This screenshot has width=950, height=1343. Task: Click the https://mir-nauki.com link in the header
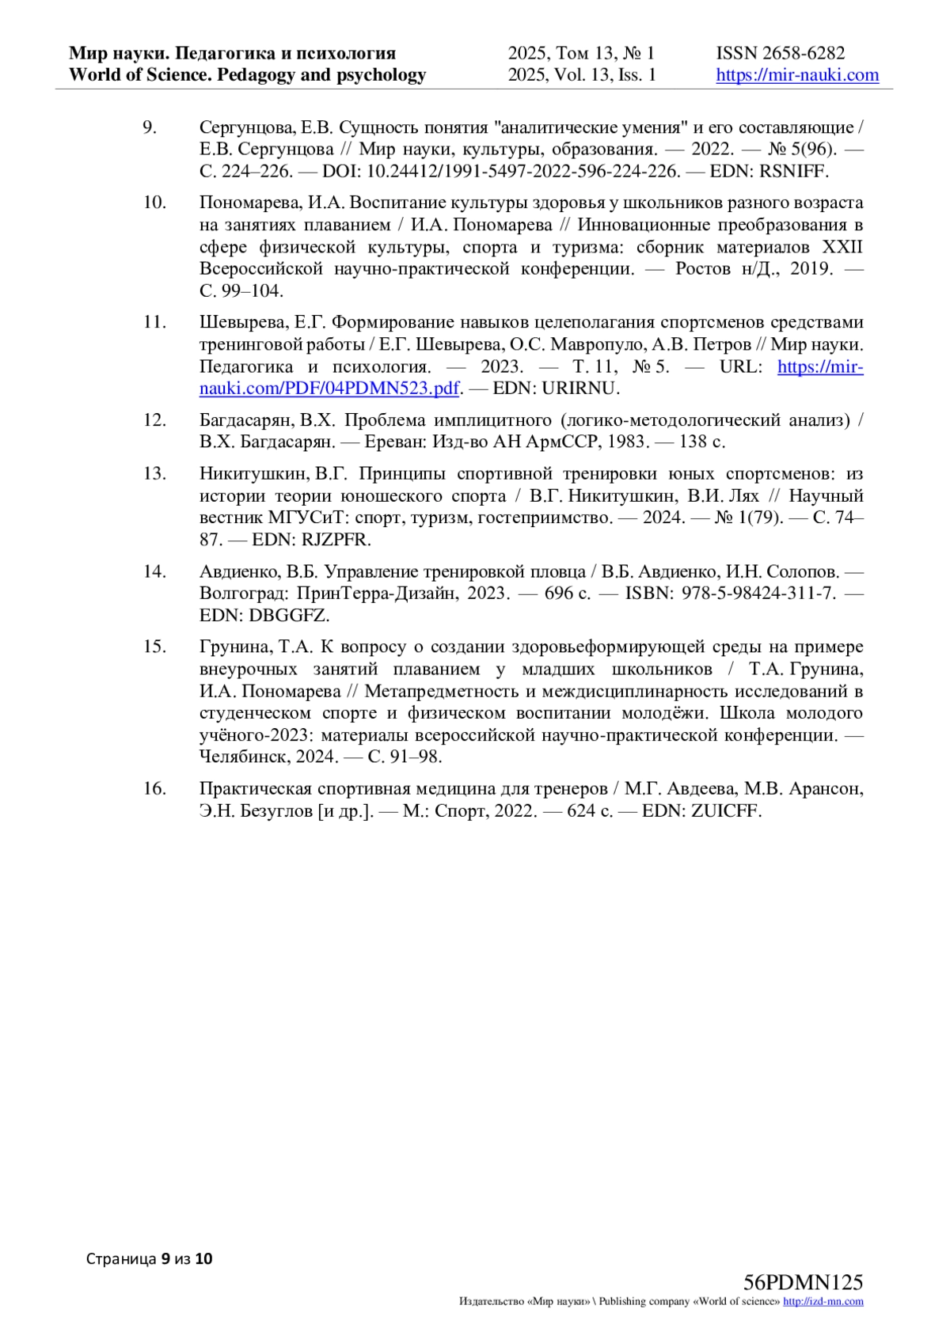[797, 75]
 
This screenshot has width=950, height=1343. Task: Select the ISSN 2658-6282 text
[781, 53]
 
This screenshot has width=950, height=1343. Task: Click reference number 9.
[149, 127]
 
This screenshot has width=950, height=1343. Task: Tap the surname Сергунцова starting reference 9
[245, 127]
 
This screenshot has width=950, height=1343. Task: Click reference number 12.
[154, 419]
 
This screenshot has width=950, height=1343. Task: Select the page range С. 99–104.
[241, 291]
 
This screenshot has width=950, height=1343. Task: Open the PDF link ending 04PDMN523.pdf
[329, 389]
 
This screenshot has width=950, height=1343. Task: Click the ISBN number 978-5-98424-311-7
[758, 593]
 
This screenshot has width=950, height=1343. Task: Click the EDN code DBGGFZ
[290, 615]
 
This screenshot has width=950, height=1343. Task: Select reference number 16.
[154, 788]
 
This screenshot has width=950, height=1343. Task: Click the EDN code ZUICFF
[726, 810]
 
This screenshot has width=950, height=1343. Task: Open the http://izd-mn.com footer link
[823, 1302]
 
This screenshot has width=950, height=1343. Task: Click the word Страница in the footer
[121, 1258]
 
